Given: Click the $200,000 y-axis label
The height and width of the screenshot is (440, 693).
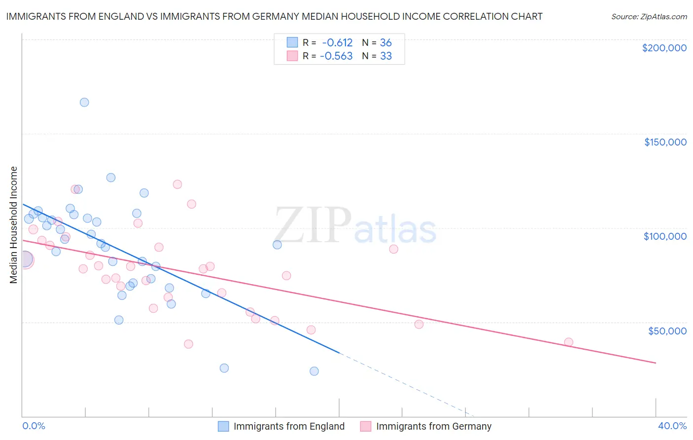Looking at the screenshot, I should coord(664,48).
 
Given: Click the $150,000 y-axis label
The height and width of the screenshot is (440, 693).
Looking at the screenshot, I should coord(665,142).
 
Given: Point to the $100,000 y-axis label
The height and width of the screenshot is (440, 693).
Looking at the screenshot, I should coord(665,236).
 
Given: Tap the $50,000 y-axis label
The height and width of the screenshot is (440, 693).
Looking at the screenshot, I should coord(667,330).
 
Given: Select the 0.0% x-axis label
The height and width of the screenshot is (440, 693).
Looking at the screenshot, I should coord(34,426).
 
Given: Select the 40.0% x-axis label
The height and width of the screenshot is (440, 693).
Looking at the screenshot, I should coord(672,426).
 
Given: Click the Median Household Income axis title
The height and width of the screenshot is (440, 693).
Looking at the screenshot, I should coord(13,225).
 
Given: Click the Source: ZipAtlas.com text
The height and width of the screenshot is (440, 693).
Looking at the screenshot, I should coord(649,17).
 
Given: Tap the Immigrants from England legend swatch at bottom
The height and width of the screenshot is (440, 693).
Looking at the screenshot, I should coord(223,426).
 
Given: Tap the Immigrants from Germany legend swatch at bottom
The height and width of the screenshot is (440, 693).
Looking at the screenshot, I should coord(365,426).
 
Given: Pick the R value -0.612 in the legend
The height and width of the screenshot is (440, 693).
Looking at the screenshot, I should coord(337,43).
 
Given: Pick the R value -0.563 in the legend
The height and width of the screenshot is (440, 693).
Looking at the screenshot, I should coord(336,56).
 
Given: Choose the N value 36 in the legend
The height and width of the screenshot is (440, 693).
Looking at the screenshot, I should coord(385,43).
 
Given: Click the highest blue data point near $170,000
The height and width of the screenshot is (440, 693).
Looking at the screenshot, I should coord(84,102).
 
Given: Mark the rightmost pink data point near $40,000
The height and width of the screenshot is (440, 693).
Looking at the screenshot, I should coord(568,342).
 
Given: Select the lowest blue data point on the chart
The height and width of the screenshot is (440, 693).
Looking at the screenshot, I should coord(314,371).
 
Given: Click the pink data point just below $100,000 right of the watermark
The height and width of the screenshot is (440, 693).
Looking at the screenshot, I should coord(393,249).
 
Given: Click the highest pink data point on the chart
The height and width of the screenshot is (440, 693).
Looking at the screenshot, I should coord(177,184).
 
